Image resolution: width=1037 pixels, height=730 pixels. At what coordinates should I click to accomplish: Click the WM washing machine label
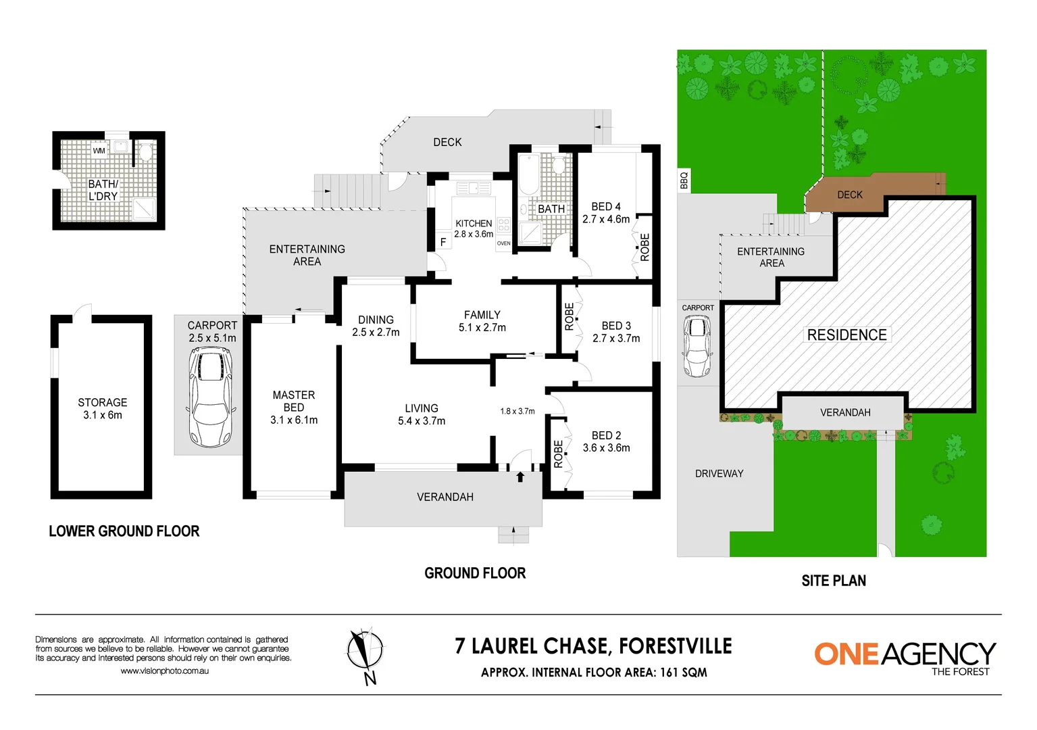point(99,151)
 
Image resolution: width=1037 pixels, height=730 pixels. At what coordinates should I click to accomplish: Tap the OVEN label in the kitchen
point(504,243)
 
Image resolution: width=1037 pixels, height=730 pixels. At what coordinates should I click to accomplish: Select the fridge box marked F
point(443,242)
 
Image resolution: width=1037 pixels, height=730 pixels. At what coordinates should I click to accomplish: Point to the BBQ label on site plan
point(684,180)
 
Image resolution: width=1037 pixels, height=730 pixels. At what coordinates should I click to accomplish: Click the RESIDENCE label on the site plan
point(846,335)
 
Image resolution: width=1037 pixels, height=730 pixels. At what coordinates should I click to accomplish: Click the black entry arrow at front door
point(520,477)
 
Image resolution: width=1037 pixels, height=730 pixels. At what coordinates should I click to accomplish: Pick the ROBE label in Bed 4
point(644,247)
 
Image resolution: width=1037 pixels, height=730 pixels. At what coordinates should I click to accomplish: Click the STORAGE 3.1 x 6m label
point(102,408)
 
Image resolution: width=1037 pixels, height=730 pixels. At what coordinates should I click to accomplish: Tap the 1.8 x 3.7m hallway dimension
point(517,411)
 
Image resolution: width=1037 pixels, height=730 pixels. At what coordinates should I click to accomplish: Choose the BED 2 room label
point(606,441)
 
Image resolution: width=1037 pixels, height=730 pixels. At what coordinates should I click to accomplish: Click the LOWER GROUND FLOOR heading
point(124,531)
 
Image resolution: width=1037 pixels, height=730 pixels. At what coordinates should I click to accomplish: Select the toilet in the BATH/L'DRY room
point(145,152)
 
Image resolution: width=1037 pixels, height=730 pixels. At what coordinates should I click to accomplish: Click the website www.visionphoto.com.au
point(164,671)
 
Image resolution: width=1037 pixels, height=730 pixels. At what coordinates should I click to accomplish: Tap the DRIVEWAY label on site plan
point(719,474)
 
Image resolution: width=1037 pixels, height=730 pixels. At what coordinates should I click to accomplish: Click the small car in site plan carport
point(697,346)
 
